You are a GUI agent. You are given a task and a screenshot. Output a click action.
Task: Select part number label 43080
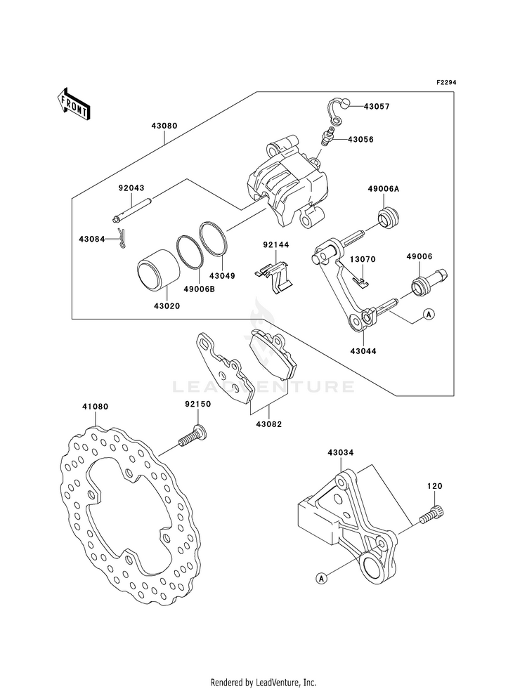164,126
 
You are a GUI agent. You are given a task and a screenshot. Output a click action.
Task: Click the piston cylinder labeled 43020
158,270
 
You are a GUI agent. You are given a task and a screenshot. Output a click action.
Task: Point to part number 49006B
198,290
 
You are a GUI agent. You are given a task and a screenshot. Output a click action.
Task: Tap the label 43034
340,452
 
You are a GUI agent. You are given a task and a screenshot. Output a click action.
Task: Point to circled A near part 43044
429,314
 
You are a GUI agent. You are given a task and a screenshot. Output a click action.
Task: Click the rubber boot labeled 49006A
388,218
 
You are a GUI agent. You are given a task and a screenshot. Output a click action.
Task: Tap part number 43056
360,139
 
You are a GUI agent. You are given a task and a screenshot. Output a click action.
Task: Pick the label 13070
363,259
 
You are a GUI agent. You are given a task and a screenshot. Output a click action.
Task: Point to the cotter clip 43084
122,239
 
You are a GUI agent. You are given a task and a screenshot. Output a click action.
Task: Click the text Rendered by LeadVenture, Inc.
263,683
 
